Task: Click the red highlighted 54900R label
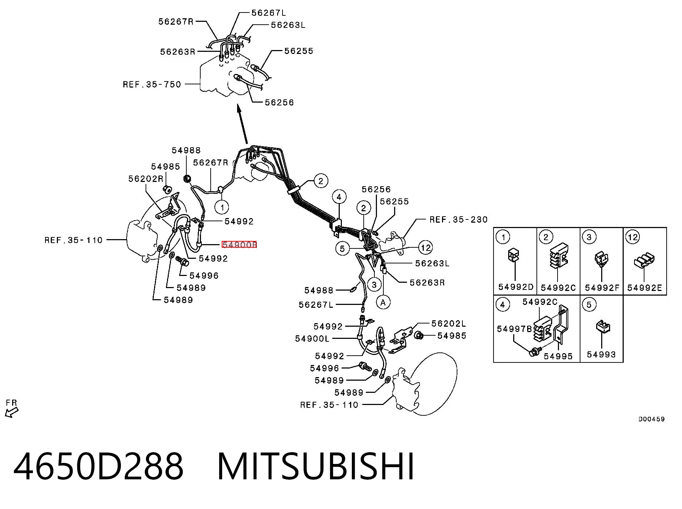pos(239,245)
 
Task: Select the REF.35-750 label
pos(152,85)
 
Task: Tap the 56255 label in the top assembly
pos(299,51)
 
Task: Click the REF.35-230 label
pos(458,219)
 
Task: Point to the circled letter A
pos(383,303)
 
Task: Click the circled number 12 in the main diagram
pos(426,247)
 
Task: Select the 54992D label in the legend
pos(516,287)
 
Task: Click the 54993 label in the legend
pos(602,354)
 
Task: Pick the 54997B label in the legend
pos(515,329)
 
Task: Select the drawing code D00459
pos(652,419)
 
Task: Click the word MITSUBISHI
pos(316,466)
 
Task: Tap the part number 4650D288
pos(98,466)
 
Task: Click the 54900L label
pos(312,338)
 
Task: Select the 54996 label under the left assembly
pos(204,276)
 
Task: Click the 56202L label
pos(449,324)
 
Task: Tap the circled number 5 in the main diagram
pos(342,248)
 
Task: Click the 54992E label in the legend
pos(644,288)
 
